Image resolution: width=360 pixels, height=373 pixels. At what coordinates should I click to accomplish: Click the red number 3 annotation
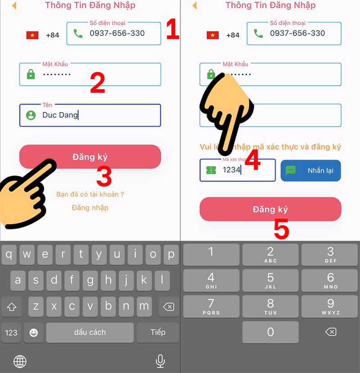click(x=104, y=177)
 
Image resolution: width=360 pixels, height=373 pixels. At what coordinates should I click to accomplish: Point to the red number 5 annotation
click(x=281, y=231)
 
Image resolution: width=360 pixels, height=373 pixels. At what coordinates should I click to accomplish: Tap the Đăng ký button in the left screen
click(x=90, y=157)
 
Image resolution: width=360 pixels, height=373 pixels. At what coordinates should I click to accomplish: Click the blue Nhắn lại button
click(x=310, y=171)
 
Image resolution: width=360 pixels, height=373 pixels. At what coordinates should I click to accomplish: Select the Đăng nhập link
click(x=90, y=208)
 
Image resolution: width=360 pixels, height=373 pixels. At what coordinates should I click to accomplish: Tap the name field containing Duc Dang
click(x=90, y=115)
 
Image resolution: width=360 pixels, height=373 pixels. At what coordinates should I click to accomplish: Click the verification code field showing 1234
click(x=237, y=170)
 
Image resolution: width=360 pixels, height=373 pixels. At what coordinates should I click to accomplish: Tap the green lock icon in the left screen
click(x=31, y=75)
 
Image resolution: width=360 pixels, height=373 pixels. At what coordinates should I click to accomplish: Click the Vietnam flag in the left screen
click(x=32, y=35)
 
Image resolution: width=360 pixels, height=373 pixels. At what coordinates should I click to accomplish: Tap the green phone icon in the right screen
click(x=258, y=33)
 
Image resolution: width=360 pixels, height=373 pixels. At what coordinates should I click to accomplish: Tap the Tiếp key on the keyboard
click(x=158, y=332)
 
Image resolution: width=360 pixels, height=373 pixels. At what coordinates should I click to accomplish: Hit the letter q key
click(x=9, y=255)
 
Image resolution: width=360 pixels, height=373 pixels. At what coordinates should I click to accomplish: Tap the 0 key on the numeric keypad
click(x=270, y=332)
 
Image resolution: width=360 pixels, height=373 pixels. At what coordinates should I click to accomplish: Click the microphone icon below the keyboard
click(x=160, y=360)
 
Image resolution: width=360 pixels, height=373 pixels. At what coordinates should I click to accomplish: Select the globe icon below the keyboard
click(x=20, y=361)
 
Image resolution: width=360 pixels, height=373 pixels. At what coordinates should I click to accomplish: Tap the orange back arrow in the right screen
click(x=194, y=6)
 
